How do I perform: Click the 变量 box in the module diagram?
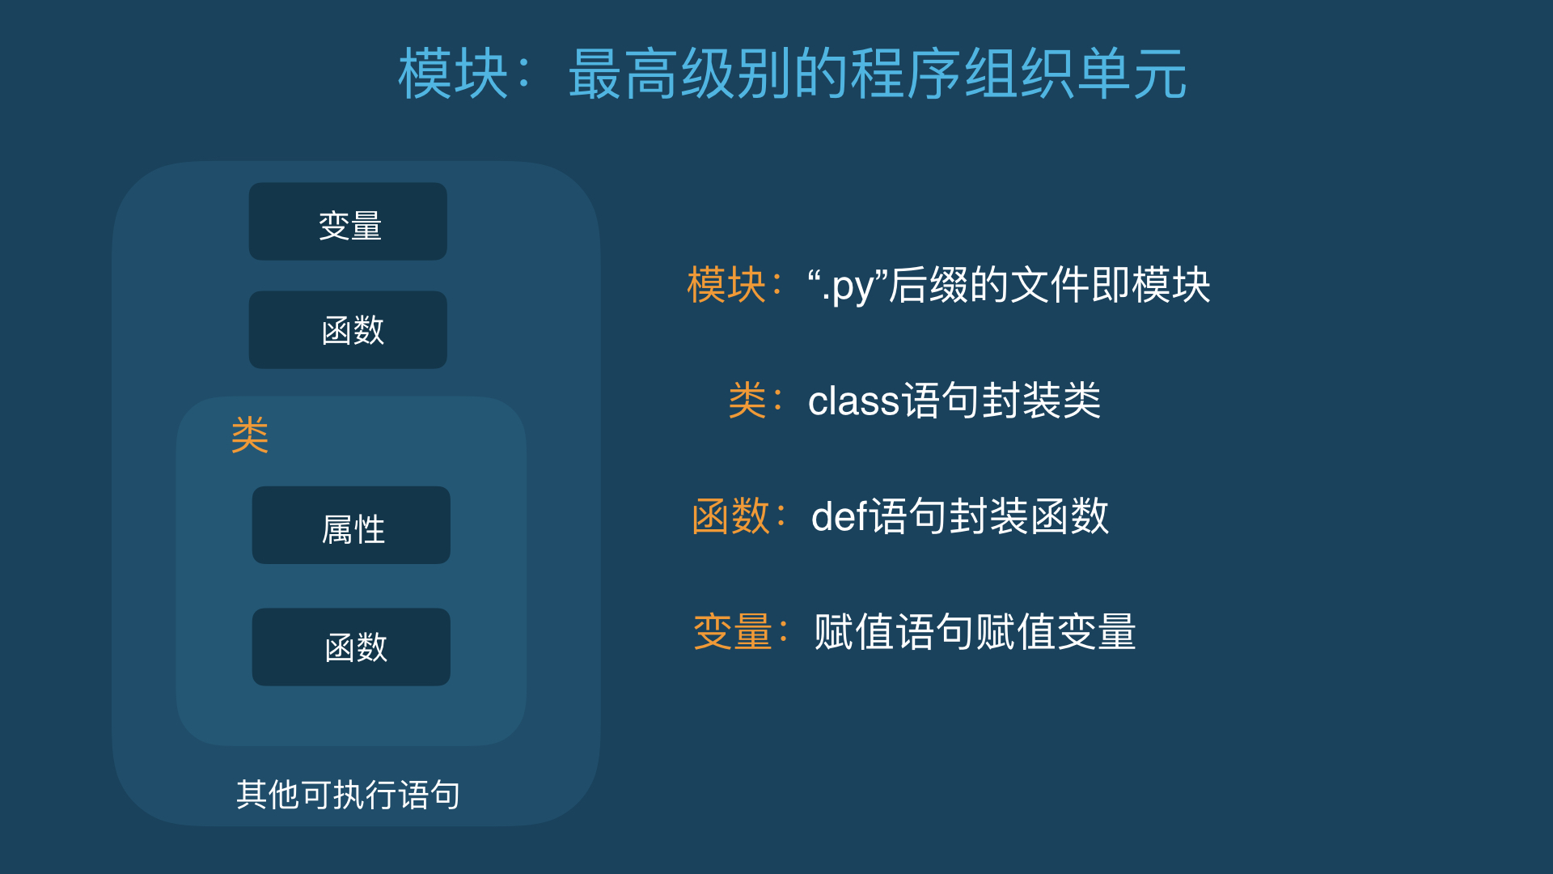(x=348, y=221)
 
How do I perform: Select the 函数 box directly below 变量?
(x=348, y=329)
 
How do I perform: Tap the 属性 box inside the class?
(x=351, y=525)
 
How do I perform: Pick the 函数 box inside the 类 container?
(x=351, y=647)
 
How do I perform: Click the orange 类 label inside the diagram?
(x=250, y=435)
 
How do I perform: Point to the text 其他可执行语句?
(x=349, y=795)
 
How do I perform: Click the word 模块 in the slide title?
(x=453, y=74)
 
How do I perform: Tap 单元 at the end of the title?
(x=1132, y=74)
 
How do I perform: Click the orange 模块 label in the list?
(x=726, y=285)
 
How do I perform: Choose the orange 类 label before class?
(x=747, y=401)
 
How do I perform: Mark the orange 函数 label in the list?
(x=731, y=516)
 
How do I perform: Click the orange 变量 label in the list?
(x=733, y=632)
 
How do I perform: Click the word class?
(x=854, y=401)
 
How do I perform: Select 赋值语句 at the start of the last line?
(x=894, y=632)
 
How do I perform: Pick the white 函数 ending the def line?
(x=1069, y=516)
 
